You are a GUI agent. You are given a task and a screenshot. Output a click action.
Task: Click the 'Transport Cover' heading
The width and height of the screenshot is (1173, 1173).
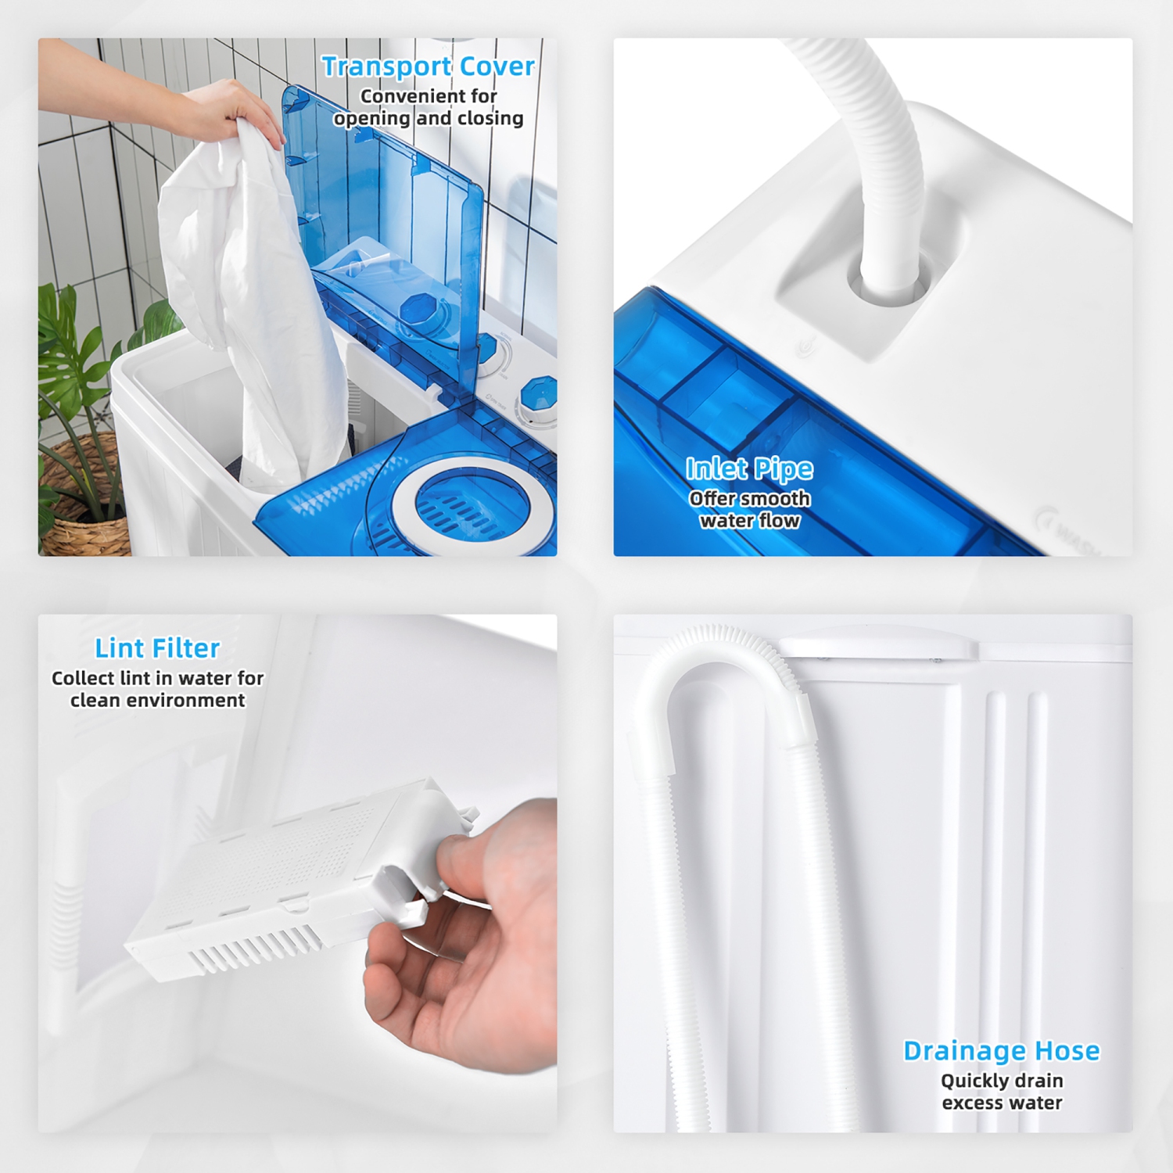(x=428, y=66)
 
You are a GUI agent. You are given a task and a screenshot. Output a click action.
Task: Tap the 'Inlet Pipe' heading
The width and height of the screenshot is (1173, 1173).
(x=749, y=468)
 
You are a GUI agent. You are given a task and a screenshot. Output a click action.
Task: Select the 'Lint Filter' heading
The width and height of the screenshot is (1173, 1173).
(x=157, y=648)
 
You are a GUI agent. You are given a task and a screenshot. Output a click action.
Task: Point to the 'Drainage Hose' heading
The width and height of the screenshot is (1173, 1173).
(x=1001, y=1050)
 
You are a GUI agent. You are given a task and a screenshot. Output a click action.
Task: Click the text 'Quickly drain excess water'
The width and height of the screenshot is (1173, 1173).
(x=1001, y=1092)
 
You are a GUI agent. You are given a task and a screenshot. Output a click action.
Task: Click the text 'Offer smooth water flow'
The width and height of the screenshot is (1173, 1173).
(x=749, y=510)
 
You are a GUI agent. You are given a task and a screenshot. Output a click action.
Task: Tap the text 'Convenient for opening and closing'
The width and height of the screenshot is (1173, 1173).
(x=428, y=107)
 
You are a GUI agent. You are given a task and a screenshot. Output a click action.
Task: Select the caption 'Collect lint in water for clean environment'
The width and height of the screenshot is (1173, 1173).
(x=157, y=689)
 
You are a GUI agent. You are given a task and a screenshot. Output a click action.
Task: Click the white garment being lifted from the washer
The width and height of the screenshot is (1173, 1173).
(x=250, y=297)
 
